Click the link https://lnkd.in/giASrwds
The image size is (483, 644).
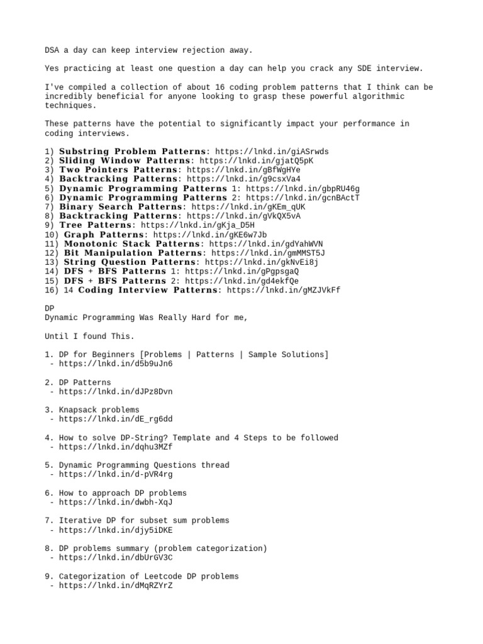tap(272, 152)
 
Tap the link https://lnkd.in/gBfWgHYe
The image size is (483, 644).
tap(243, 170)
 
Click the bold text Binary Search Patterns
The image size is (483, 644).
tap(121, 206)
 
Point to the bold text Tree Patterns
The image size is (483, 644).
tap(95, 225)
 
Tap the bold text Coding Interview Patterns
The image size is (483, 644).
tap(148, 290)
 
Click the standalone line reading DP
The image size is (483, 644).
tap(50, 309)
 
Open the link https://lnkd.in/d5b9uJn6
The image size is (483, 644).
tap(116, 364)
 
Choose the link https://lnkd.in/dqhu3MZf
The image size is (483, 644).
tap(116, 447)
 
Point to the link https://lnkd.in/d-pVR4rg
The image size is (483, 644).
tap(116, 475)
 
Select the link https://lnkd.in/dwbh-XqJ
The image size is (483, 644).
tap(116, 502)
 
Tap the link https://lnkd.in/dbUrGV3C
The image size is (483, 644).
tap(116, 558)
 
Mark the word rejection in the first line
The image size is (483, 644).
tap(189, 50)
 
